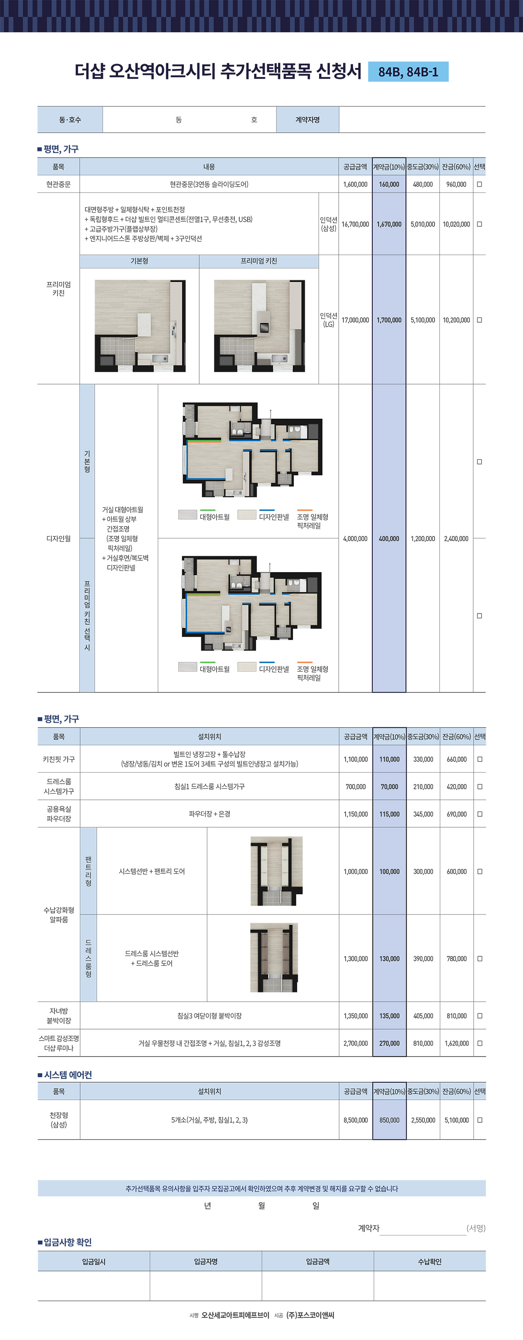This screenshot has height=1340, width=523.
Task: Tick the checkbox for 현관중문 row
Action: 479,184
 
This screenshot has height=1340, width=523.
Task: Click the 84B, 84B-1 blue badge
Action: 408,72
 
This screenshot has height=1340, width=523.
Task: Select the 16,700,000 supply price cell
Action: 355,224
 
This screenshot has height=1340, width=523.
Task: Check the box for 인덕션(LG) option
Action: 479,320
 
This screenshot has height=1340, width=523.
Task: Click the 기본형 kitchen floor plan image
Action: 140,326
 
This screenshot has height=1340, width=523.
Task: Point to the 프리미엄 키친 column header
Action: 259,261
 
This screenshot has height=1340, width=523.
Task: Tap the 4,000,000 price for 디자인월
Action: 355,539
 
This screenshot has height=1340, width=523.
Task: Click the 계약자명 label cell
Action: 308,119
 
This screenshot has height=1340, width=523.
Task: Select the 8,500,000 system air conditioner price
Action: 356,1120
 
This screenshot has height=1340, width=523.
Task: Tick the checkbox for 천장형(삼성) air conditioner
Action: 480,1120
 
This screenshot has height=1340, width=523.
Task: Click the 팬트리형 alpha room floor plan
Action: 277,871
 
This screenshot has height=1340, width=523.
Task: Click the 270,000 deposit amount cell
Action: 389,1043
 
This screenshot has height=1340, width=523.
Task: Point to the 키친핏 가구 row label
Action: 59,759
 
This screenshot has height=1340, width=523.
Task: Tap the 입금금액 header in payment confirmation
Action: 318,1262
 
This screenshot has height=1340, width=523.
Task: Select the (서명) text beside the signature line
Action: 476,1228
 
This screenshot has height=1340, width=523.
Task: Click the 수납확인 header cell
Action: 430,1262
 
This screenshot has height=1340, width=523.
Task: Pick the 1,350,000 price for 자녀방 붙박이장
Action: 356,1016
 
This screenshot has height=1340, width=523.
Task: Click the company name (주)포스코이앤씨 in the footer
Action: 310,1315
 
